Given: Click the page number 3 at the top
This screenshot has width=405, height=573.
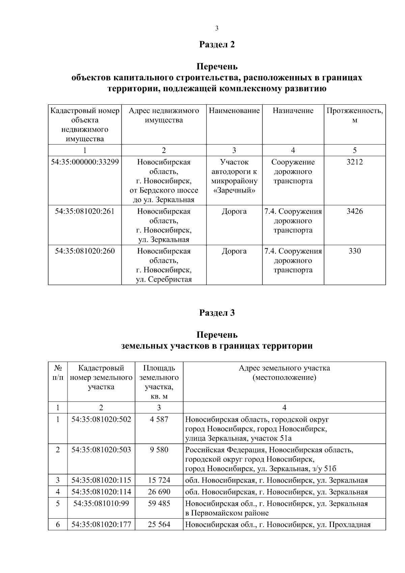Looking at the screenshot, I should (x=217, y=28).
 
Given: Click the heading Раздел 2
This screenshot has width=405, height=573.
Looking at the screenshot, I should (x=217, y=45).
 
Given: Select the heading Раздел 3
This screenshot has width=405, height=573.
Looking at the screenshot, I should (x=217, y=313).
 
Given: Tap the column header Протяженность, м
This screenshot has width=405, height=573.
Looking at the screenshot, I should (x=354, y=115).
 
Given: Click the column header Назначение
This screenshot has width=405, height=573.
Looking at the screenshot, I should (x=293, y=111).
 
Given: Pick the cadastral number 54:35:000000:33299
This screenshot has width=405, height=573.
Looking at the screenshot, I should (x=85, y=162).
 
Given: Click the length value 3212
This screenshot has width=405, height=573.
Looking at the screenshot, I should (x=354, y=162).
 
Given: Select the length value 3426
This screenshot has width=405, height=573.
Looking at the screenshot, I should (x=354, y=211).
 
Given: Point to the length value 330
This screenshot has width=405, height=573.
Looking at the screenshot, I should (x=354, y=251).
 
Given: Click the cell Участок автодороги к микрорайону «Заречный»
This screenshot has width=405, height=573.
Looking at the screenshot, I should (x=234, y=176).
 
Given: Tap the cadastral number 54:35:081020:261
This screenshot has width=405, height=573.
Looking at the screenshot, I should (x=85, y=211).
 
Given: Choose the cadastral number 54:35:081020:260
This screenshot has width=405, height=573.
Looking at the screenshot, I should (x=85, y=251).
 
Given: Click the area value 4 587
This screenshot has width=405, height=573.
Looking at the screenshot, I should (x=159, y=419).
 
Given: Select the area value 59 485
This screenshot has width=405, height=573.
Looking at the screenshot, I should (x=159, y=503).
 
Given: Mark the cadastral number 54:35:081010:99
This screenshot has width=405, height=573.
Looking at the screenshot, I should (x=101, y=503).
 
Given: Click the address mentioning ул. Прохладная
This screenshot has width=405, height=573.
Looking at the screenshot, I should (x=278, y=525).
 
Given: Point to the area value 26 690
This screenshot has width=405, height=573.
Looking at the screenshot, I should (x=159, y=492).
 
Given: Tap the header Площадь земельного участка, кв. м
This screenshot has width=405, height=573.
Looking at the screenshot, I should (x=159, y=382).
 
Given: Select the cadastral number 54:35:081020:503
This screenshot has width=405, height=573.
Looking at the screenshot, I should (x=101, y=450).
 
